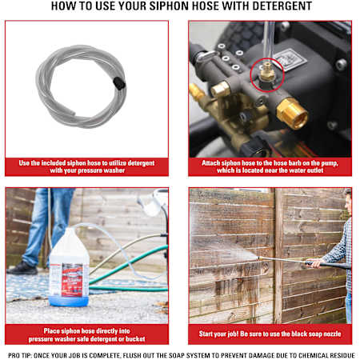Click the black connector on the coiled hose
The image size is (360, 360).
pos(119,83)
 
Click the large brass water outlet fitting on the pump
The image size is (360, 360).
pos(292,114)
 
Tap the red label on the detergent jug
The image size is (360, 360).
pos(72,280)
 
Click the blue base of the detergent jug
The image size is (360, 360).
pos(69,301)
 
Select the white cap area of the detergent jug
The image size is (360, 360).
pos(70,232)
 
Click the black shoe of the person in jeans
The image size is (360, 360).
pos(22,268)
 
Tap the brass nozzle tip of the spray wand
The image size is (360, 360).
pos(258,258)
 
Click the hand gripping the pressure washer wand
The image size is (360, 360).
pos(314,262)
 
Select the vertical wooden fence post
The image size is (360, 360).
pos(278,255)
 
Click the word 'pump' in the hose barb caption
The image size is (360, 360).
pos(330,163)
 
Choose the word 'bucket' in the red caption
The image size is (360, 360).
pos(135,339)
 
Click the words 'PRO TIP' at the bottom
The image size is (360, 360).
pos(19,355)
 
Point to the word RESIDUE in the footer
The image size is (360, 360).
pos(342,355)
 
